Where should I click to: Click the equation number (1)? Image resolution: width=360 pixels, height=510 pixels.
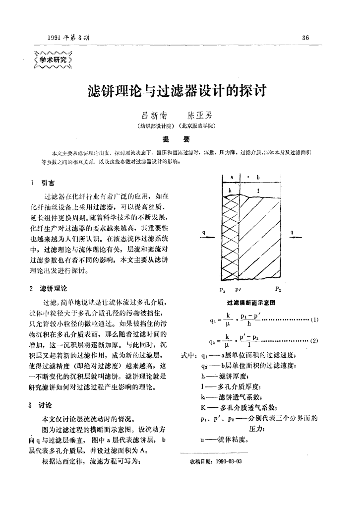(314, 319)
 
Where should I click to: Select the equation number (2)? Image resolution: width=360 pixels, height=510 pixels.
(314, 341)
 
